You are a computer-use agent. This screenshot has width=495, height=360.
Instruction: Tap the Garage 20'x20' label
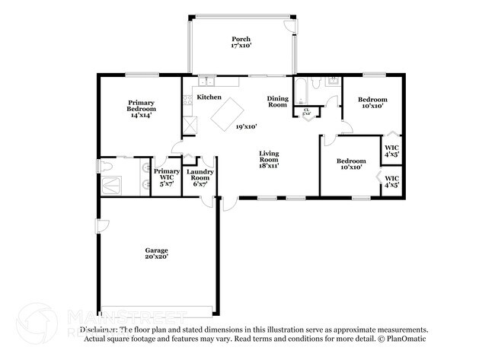tap(157, 254)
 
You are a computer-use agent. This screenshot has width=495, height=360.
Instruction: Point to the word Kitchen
tap(209, 97)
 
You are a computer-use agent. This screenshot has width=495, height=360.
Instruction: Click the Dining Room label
tap(277, 101)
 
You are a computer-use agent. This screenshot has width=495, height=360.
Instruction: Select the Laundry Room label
tap(201, 178)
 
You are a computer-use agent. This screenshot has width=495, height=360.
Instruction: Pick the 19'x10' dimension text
tap(246, 126)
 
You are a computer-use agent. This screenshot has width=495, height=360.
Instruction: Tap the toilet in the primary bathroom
tap(106, 165)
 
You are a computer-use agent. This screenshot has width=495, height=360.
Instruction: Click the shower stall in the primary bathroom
tap(113, 183)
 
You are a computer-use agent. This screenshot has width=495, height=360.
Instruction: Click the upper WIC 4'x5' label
tap(391, 151)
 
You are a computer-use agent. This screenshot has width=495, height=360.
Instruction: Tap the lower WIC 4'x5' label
tap(391, 182)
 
